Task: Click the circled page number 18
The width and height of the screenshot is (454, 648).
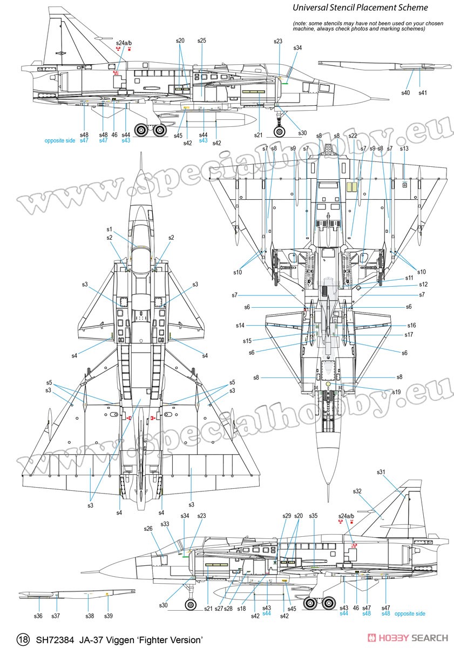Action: click(x=23, y=639)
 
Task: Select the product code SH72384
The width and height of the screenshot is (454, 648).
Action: click(x=55, y=639)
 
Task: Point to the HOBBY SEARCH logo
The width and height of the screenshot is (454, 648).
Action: click(x=408, y=637)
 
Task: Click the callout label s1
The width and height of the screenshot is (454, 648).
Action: click(x=109, y=229)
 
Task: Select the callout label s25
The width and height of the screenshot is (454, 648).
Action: click(x=201, y=40)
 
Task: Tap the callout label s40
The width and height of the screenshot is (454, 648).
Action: click(x=405, y=92)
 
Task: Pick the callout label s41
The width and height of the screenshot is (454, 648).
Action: click(x=423, y=92)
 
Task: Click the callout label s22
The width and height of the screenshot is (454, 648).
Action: click(x=353, y=136)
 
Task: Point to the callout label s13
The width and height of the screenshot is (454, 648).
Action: click(x=404, y=148)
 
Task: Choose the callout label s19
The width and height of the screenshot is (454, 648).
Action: click(x=396, y=391)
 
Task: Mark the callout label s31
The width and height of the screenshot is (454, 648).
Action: click(x=381, y=472)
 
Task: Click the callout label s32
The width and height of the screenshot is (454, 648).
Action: click(x=357, y=491)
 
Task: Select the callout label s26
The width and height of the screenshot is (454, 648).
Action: click(x=148, y=529)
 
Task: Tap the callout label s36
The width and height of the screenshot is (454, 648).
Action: click(x=38, y=616)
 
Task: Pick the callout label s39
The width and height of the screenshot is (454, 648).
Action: click(x=108, y=616)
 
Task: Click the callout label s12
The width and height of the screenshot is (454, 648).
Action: click(x=423, y=284)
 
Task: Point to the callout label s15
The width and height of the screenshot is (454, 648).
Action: click(x=247, y=341)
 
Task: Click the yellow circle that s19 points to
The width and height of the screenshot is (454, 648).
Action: click(x=328, y=384)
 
